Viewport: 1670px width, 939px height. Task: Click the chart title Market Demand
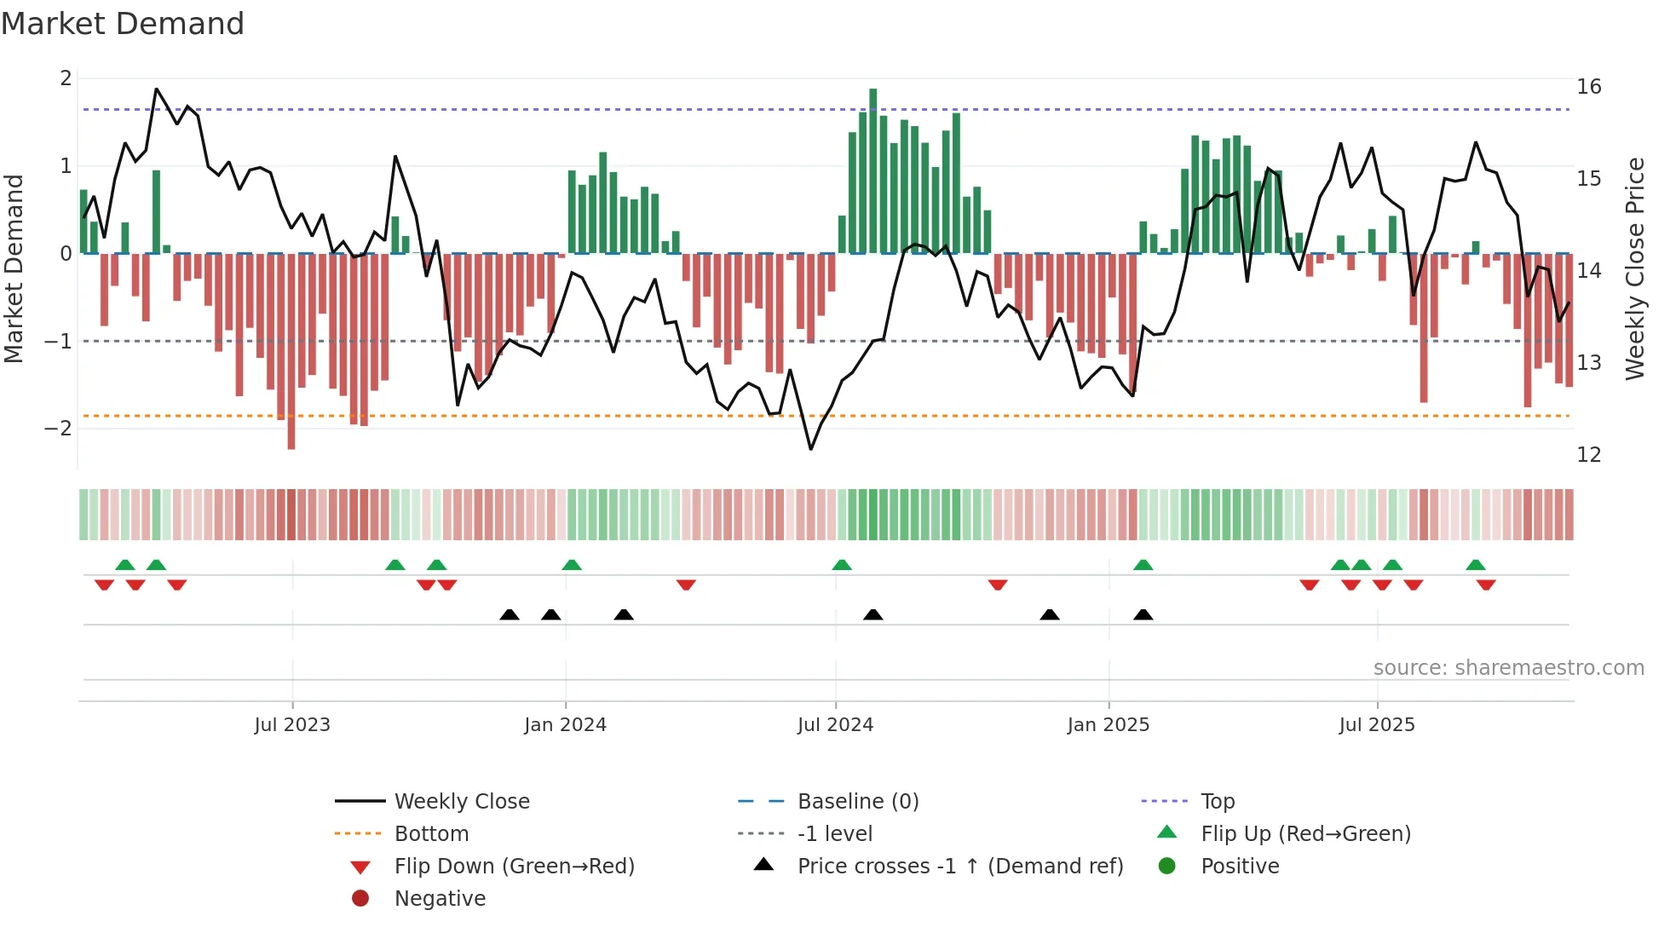[x=123, y=24]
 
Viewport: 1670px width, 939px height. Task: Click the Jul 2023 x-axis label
[x=292, y=725]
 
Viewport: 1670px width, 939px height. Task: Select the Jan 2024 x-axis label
[x=565, y=725]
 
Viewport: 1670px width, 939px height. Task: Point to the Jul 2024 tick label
[x=835, y=725]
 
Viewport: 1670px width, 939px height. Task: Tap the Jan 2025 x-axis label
[x=1108, y=725]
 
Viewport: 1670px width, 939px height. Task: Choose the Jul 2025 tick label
[x=1377, y=725]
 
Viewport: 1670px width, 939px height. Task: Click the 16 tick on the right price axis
[x=1588, y=87]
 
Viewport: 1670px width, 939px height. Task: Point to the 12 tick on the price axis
[x=1588, y=455]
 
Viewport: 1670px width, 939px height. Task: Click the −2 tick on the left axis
[x=58, y=429]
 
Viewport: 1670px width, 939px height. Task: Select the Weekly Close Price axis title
[x=1634, y=268]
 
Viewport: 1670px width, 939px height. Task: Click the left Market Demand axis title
[x=14, y=268]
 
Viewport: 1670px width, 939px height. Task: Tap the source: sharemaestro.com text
[x=1508, y=668]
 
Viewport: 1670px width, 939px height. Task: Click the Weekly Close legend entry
[x=461, y=802]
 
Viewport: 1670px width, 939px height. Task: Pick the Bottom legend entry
[x=431, y=834]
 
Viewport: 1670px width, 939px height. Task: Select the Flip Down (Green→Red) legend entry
[x=514, y=867]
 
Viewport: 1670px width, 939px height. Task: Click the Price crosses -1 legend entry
[x=959, y=867]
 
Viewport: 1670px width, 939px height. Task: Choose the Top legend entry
[x=1218, y=802]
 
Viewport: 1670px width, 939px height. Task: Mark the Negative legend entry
[x=440, y=899]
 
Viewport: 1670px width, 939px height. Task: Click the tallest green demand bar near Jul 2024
[x=872, y=170]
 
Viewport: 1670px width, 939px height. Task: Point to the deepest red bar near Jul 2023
[x=291, y=351]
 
